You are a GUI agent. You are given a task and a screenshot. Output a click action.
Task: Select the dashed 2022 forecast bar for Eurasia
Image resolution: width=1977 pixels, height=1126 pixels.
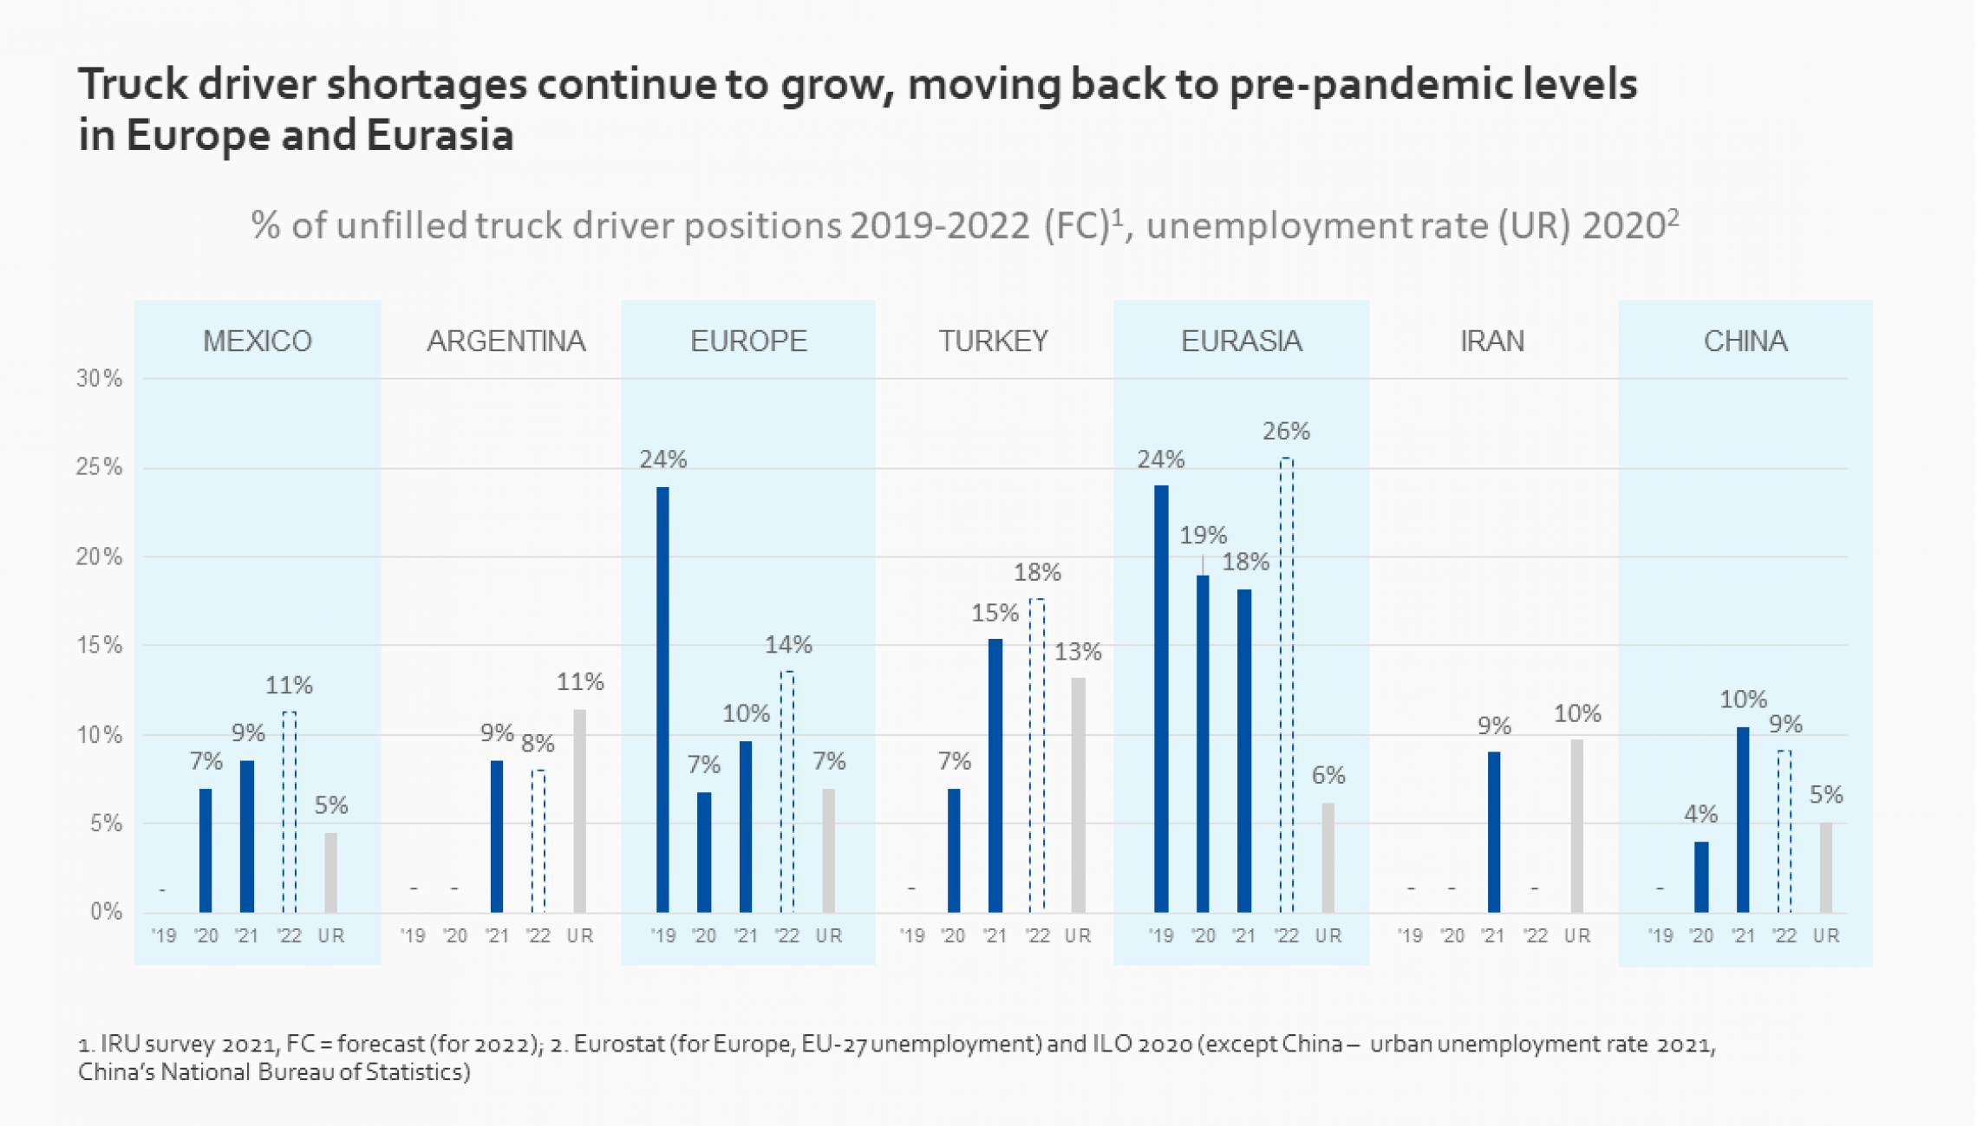[x=1287, y=685]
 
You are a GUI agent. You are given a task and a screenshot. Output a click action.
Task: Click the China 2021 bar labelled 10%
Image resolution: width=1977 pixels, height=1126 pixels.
[x=1743, y=819]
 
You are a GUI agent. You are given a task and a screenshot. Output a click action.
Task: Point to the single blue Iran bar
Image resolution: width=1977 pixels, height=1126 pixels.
[x=1493, y=831]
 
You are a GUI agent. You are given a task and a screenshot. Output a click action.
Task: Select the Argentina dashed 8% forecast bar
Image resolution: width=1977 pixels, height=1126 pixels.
[x=538, y=840]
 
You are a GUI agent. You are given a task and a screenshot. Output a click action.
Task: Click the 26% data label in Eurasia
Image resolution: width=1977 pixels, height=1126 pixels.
[x=1286, y=431]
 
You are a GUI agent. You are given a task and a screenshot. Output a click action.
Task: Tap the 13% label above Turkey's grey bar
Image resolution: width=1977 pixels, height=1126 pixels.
[x=1078, y=652]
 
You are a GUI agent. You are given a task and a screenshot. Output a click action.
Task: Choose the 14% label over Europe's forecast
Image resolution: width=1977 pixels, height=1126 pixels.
[x=788, y=645]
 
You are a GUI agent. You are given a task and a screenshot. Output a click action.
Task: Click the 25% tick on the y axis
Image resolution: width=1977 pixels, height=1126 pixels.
[x=99, y=467]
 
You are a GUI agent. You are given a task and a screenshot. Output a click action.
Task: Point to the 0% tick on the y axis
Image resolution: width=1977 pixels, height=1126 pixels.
[x=106, y=911]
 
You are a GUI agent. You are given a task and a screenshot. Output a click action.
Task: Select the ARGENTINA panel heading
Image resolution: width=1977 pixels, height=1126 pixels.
[x=506, y=341]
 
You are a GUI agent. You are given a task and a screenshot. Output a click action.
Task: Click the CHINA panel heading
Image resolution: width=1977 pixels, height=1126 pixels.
[x=1745, y=341]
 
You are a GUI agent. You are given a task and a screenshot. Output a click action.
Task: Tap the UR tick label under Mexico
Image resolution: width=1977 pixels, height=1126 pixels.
[x=331, y=936]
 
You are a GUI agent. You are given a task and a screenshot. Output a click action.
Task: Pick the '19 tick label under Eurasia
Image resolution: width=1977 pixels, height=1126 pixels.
[x=1160, y=936]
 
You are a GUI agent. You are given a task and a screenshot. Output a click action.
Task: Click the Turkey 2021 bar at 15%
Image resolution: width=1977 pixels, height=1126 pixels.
[x=995, y=775]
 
